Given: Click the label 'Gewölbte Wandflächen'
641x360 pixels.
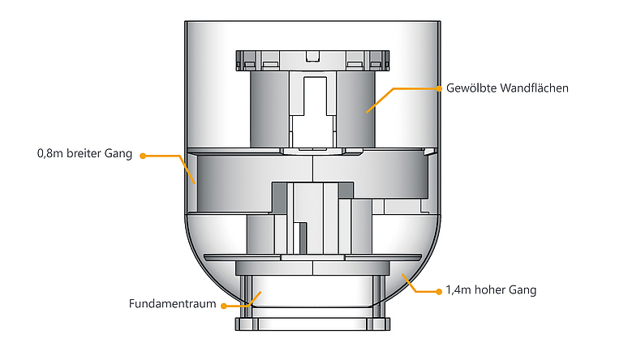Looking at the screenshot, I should [x=507, y=88].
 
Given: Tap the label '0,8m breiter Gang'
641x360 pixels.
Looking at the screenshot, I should [x=84, y=154].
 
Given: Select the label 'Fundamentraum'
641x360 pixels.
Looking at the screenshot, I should [x=171, y=305].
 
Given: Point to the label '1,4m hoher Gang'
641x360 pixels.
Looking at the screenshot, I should [x=491, y=289].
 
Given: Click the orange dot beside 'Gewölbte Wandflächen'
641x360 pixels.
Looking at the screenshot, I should [x=438, y=88].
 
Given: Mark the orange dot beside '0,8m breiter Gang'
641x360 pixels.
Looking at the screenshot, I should [x=142, y=154].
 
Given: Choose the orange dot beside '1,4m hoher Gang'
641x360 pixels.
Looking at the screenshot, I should [x=437, y=289].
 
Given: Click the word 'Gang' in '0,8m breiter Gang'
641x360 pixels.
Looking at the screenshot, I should [x=118, y=154].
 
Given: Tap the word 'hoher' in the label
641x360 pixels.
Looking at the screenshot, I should [x=493, y=289].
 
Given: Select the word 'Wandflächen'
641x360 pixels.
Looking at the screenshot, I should [x=533, y=88].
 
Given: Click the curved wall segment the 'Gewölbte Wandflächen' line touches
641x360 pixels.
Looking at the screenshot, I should [x=357, y=114].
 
